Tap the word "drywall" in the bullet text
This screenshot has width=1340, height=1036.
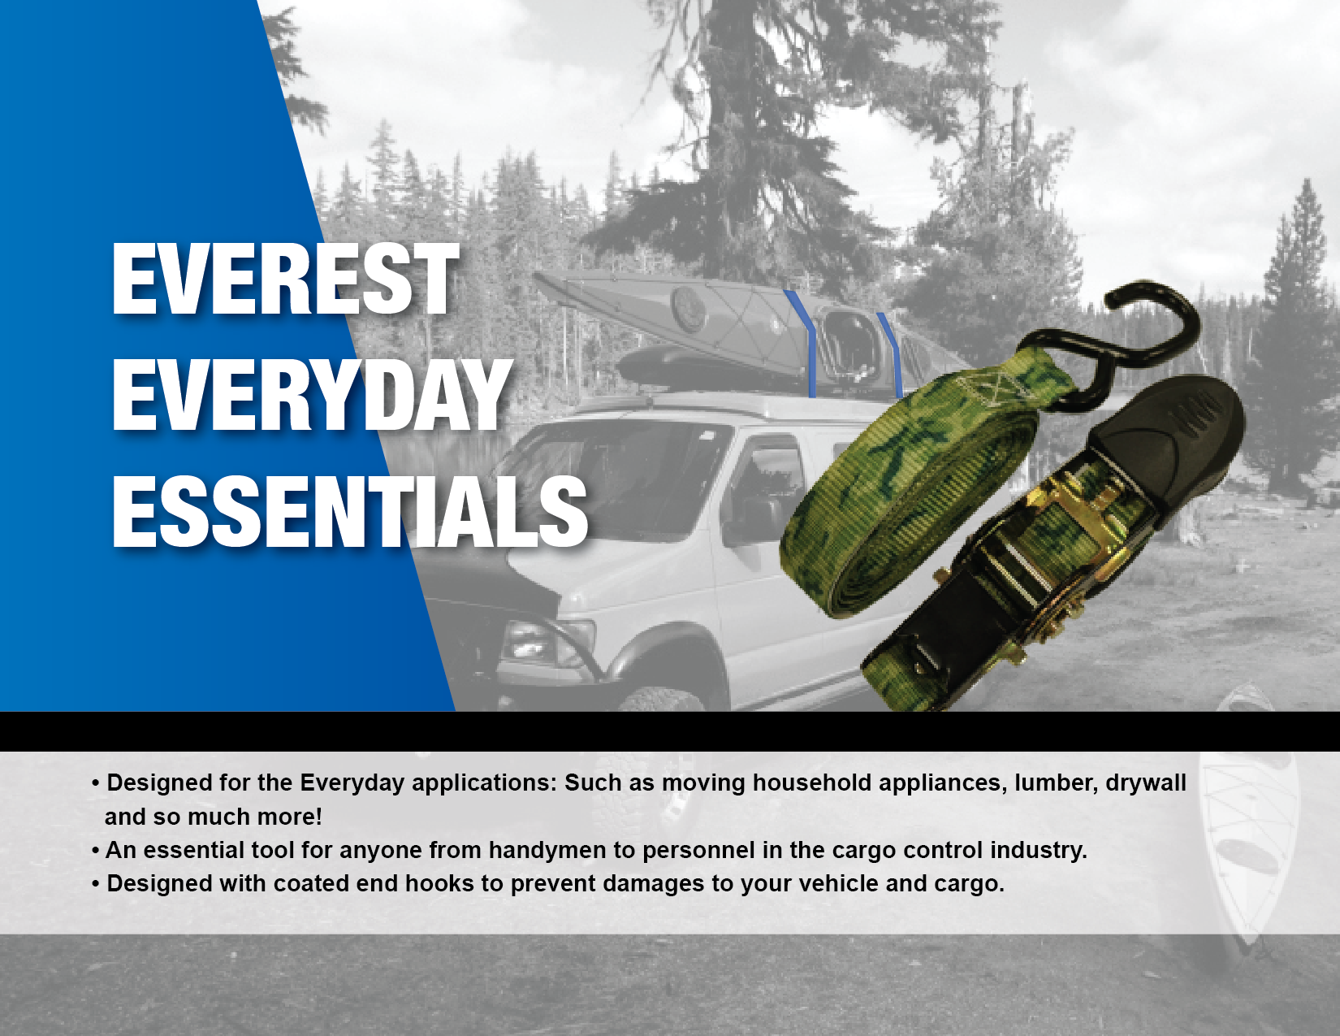tap(1146, 783)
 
